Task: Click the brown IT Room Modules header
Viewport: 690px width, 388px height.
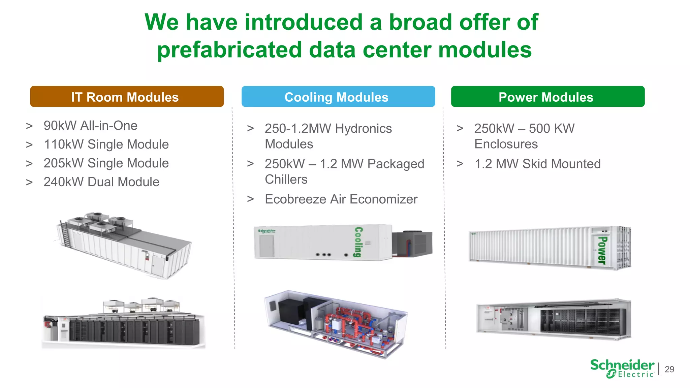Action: coord(127,97)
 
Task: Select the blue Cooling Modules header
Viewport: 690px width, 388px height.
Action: coord(338,97)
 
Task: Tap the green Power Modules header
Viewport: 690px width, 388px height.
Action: coord(547,97)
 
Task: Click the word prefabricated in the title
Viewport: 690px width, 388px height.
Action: coord(229,50)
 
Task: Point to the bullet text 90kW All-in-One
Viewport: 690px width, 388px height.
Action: coord(90,126)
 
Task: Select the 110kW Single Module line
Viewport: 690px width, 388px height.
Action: coord(106,144)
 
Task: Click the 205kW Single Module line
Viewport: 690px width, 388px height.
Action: coord(106,163)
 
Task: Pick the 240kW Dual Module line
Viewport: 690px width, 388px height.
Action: coord(101,182)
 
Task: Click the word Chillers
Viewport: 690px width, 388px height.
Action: coord(286,180)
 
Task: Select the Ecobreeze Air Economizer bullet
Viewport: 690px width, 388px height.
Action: coord(341,199)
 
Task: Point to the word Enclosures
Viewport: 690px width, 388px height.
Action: coord(506,144)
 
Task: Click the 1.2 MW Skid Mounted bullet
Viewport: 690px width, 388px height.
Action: coord(537,164)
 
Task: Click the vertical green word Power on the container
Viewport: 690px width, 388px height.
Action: coord(602,250)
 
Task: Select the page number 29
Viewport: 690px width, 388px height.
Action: coord(669,369)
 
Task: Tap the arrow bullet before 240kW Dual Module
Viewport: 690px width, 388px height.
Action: coord(29,182)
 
